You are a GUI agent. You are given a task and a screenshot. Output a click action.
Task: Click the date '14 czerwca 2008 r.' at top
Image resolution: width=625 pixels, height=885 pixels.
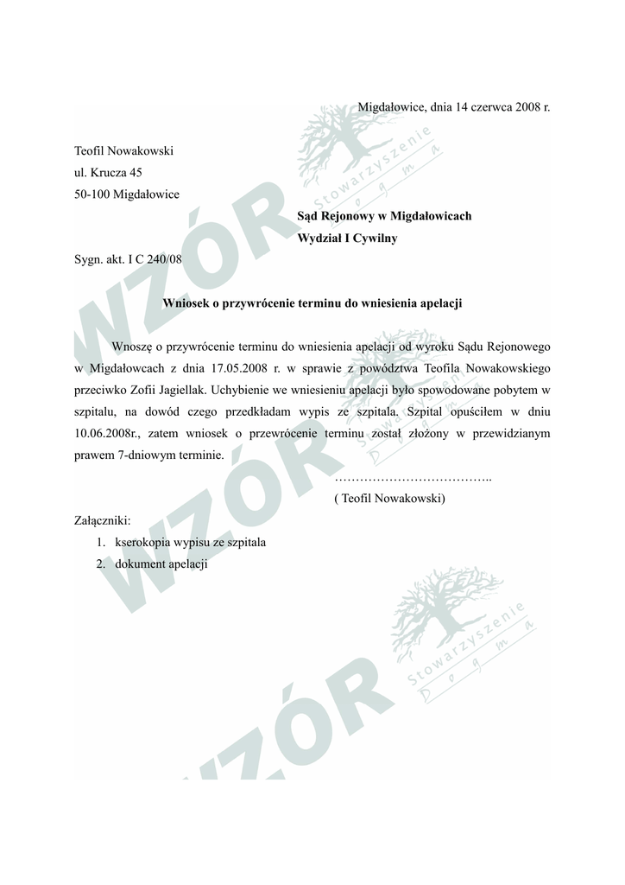[x=501, y=108]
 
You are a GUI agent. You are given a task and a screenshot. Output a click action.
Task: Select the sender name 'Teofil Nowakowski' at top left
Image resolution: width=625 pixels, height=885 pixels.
[x=124, y=151]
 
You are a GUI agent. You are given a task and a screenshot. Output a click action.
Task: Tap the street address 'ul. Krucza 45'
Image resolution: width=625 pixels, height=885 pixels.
[x=108, y=173]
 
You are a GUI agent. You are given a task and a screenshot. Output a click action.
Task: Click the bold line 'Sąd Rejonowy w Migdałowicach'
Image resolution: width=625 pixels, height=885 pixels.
[x=384, y=216]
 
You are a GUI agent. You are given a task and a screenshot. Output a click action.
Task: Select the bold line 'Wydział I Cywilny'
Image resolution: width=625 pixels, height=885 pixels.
[x=347, y=238]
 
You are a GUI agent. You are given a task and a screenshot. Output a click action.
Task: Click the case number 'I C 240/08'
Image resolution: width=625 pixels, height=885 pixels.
[x=155, y=259]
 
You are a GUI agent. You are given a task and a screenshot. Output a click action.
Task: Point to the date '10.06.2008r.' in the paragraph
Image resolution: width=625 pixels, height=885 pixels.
[x=104, y=433]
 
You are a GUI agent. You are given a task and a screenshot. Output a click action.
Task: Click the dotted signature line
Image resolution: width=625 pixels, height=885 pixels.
[x=412, y=478]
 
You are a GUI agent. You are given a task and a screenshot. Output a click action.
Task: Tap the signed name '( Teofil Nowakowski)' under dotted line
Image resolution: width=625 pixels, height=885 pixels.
[x=389, y=499]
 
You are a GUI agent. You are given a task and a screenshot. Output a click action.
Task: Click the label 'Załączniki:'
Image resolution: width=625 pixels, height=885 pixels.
[x=103, y=520]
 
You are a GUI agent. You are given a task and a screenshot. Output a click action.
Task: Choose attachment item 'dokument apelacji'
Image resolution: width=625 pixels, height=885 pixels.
[x=161, y=564]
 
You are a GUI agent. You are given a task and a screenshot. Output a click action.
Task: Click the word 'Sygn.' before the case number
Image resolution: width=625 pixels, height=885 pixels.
[x=89, y=259]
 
